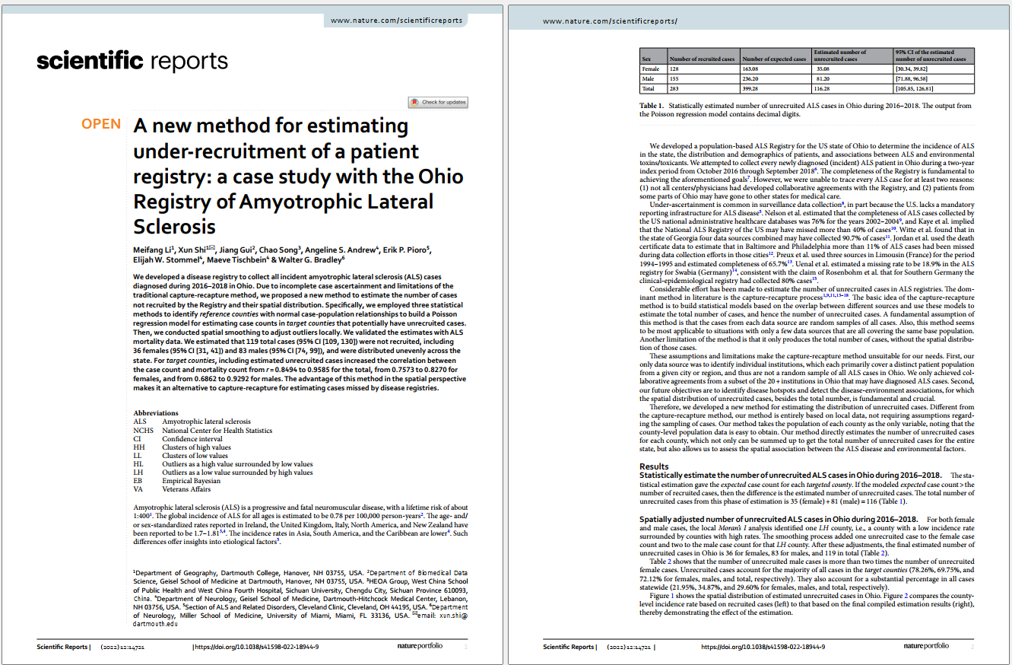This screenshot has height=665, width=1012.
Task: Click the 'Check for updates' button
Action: (438, 102)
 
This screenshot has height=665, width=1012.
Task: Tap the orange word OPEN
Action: (101, 124)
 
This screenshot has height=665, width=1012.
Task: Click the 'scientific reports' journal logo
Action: (132, 61)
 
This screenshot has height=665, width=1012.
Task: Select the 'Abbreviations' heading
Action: (156, 413)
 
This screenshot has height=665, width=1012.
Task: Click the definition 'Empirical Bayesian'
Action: (191, 481)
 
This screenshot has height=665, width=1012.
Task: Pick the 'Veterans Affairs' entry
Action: (187, 489)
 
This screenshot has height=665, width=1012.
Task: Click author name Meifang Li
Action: (154, 249)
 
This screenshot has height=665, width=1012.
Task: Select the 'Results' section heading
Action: (654, 466)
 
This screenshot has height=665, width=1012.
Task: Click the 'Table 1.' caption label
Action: (652, 106)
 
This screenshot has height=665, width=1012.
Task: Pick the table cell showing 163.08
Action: (751, 68)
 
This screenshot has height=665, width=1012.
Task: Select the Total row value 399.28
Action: (751, 87)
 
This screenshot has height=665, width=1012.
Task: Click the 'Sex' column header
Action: (646, 59)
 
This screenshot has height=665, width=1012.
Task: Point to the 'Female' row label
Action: (650, 68)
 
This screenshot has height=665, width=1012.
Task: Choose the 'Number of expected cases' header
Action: (773, 59)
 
